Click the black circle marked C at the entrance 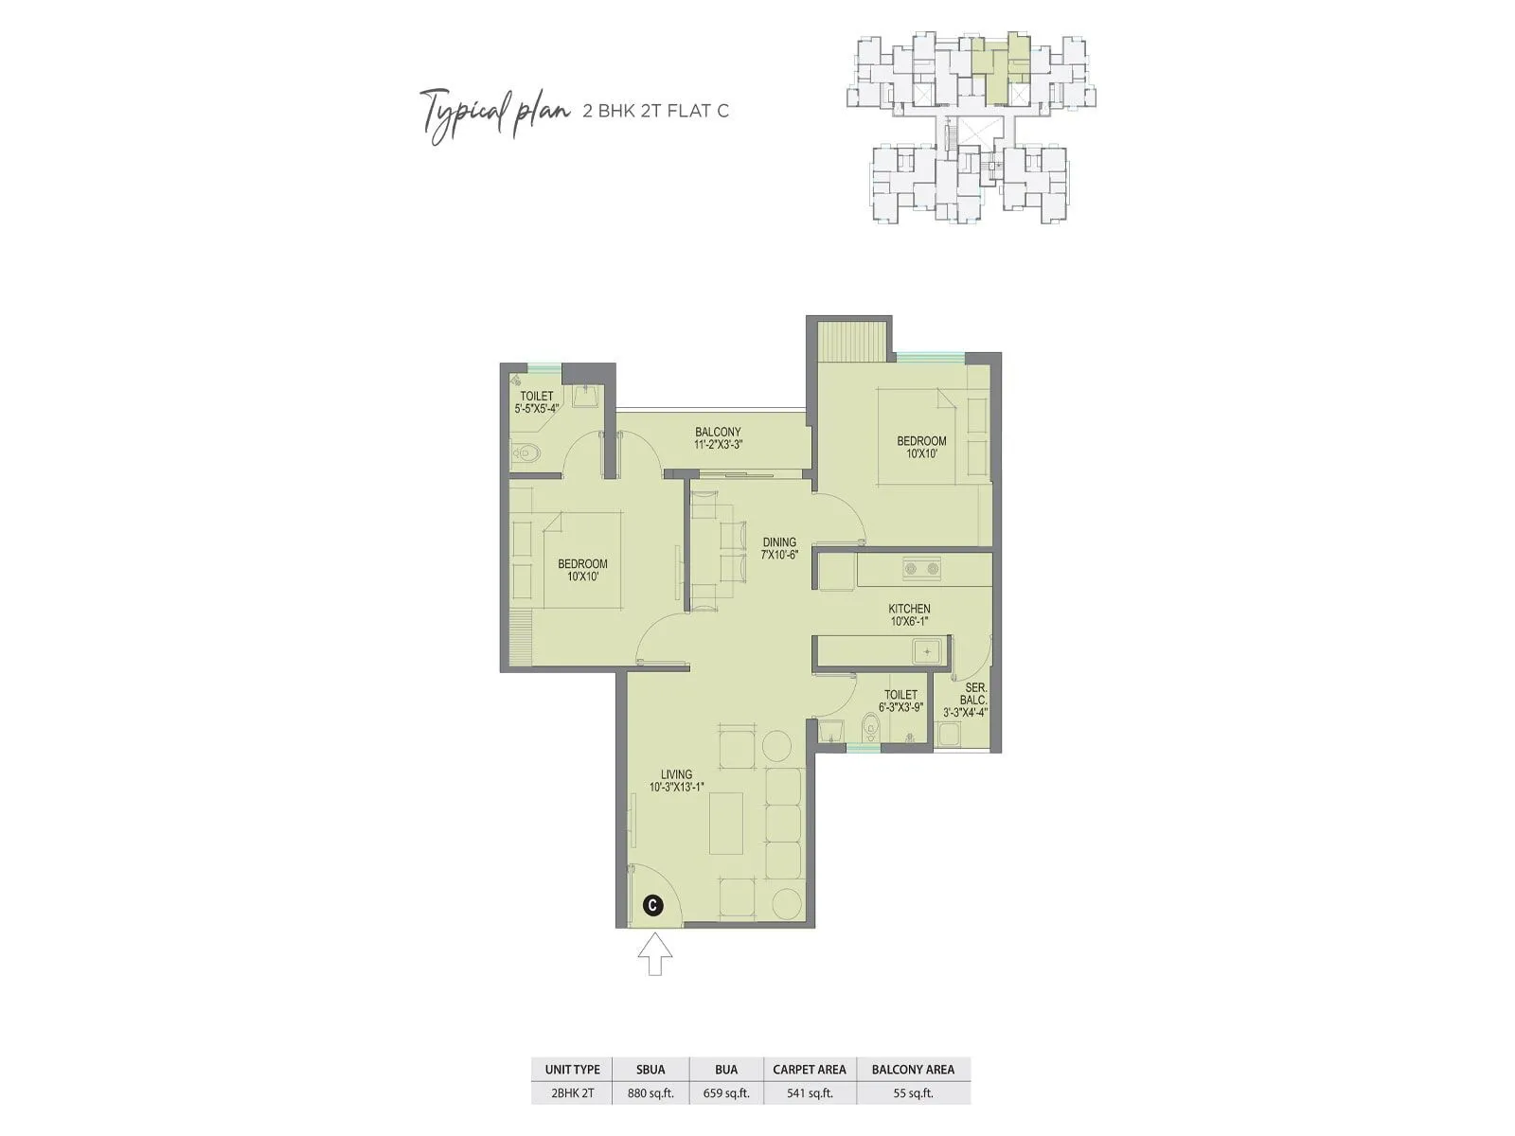tap(652, 905)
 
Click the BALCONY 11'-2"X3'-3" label tap(717, 438)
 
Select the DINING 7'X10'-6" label tap(779, 549)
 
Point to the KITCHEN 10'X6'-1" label tap(909, 615)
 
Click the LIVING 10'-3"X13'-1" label tap(676, 780)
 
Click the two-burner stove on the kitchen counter tap(920, 569)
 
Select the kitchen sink tap(926, 651)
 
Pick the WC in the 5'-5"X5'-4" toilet tap(524, 454)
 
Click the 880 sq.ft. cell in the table tap(651, 1093)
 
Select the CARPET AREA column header tap(810, 1069)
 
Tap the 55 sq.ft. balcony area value tap(913, 1093)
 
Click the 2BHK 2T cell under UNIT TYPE tap(572, 1093)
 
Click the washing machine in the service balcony tap(948, 735)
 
